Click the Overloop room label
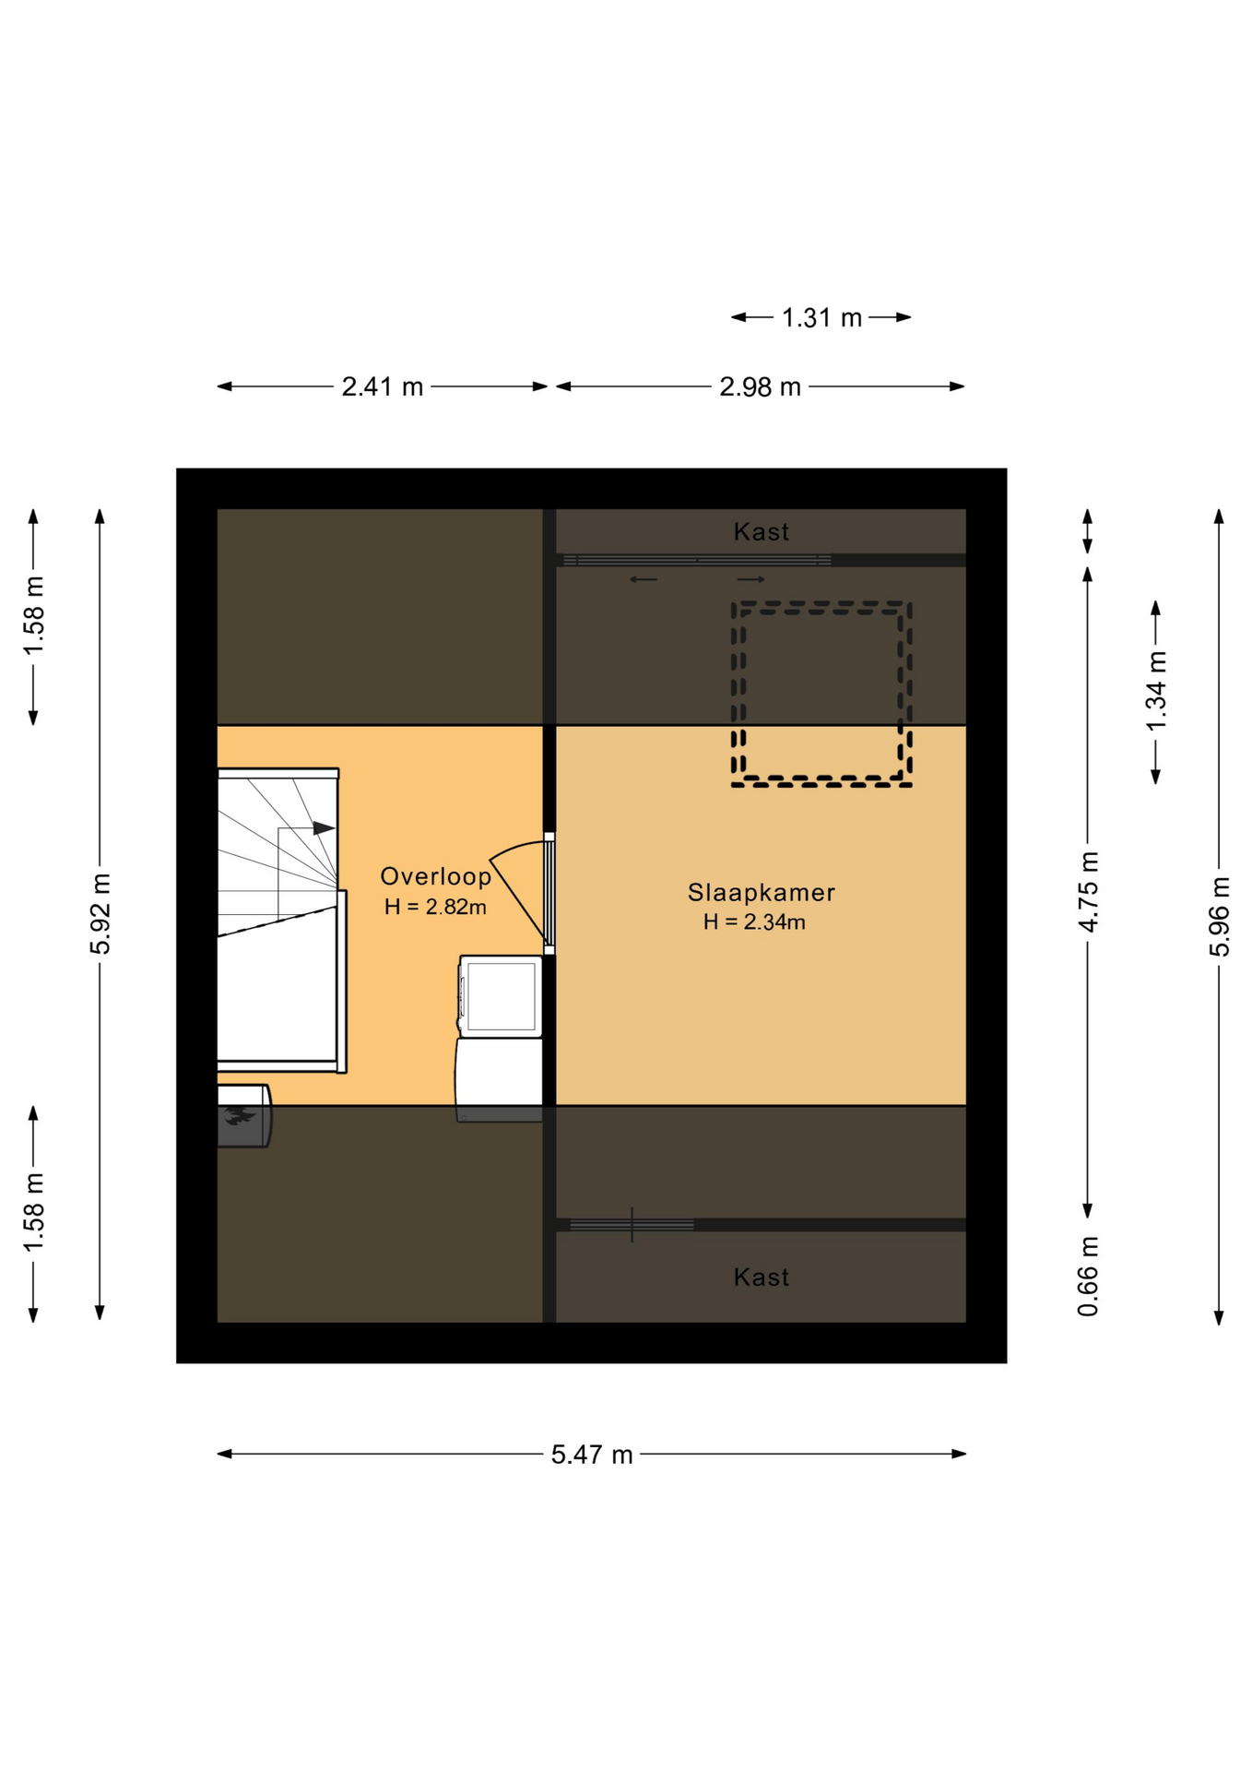(435, 876)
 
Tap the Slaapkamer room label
(762, 892)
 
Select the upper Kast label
(762, 531)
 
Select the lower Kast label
(762, 1277)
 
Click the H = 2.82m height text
(435, 907)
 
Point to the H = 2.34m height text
(754, 921)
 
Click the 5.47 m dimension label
(592, 1455)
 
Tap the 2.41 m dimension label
(383, 386)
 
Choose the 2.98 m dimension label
(760, 386)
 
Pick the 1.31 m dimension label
(821, 317)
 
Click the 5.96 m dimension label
(1219, 917)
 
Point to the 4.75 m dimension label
(1088, 892)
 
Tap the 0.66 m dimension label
(1088, 1277)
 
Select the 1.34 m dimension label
(1156, 691)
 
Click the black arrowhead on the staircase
(324, 828)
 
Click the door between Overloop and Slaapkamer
(549, 893)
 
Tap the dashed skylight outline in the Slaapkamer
(821, 604)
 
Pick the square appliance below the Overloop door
(501, 996)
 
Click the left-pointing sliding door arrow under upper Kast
(644, 579)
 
